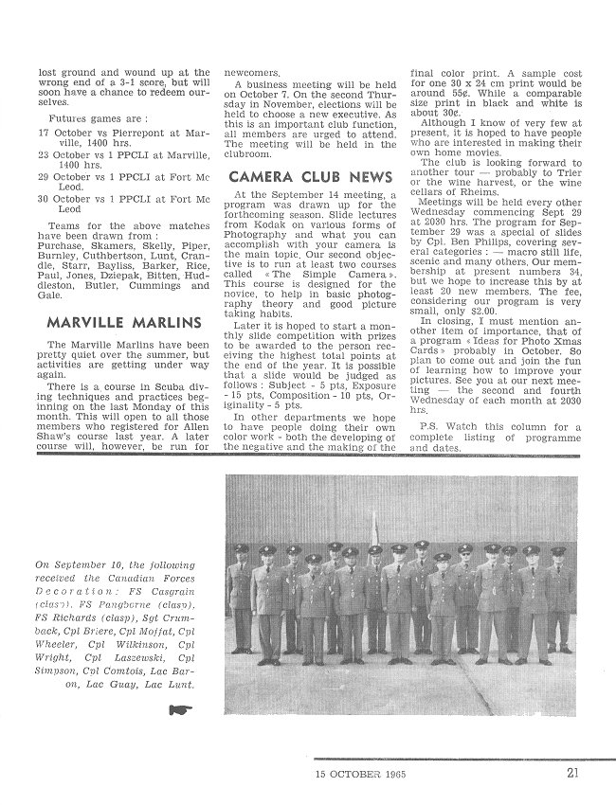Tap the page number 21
[573, 773]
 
